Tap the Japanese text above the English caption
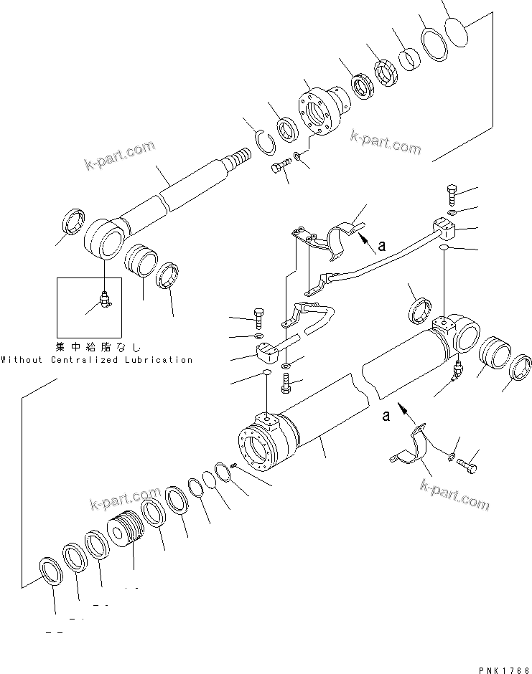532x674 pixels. coord(98,346)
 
